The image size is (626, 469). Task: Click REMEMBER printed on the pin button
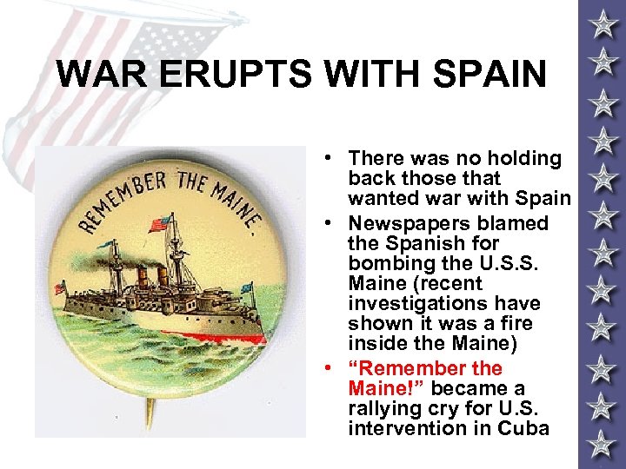[123, 195]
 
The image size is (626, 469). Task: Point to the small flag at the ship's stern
[60, 287]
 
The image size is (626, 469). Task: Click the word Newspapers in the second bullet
[402, 223]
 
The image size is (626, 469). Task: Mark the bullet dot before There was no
[333, 158]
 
